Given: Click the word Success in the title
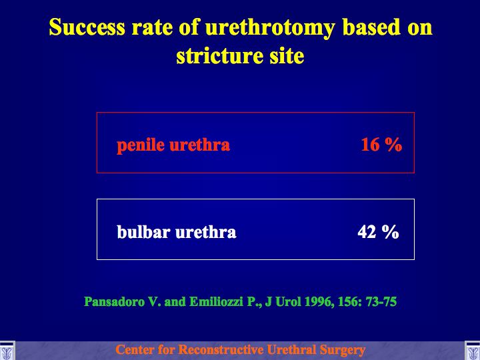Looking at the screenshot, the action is tap(87, 27).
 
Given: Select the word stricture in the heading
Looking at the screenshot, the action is tap(219, 56).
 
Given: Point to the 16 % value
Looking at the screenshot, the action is tap(381, 145).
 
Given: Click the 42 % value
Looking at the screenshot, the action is tap(378, 232).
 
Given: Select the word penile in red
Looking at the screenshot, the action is tap(140, 145).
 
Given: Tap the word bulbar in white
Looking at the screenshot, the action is tap(143, 232).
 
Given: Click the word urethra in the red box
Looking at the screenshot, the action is tap(199, 145).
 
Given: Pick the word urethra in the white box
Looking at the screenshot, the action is tap(206, 232).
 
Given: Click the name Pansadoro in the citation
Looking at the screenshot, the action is tap(114, 302).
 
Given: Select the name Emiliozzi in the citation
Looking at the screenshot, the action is tap(216, 302).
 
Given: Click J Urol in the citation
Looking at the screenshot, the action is tap(283, 302).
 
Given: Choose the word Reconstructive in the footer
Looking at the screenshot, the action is tap(221, 349).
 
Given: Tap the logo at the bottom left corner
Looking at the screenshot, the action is tap(7, 351).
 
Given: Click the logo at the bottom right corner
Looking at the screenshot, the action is tap(473, 351).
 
